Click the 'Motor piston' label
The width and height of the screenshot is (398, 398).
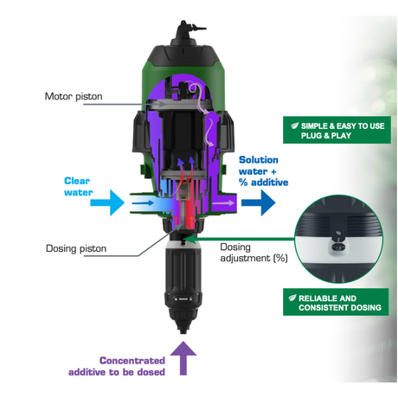(x=74, y=96)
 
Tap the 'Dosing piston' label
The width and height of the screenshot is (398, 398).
(x=76, y=248)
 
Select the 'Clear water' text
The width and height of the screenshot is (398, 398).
(x=78, y=187)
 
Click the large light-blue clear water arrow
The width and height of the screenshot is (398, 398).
(x=107, y=202)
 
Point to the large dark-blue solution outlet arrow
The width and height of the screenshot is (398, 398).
(x=259, y=202)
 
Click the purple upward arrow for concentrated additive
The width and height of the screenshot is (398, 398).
(x=183, y=358)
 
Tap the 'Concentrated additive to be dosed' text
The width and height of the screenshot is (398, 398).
(x=117, y=366)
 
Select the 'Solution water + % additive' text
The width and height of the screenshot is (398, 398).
(x=263, y=171)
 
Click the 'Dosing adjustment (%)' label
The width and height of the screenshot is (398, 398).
(x=254, y=253)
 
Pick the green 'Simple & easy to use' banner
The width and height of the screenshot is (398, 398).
(x=337, y=130)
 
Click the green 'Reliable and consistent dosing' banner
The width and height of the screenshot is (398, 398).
(x=336, y=302)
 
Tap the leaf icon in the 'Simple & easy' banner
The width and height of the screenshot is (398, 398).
(x=294, y=125)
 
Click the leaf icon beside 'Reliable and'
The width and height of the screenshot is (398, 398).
(x=292, y=298)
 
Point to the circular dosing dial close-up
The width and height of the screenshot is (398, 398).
(x=338, y=239)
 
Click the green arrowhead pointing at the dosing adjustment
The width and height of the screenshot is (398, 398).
(x=189, y=239)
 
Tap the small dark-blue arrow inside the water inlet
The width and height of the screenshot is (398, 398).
(x=143, y=203)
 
